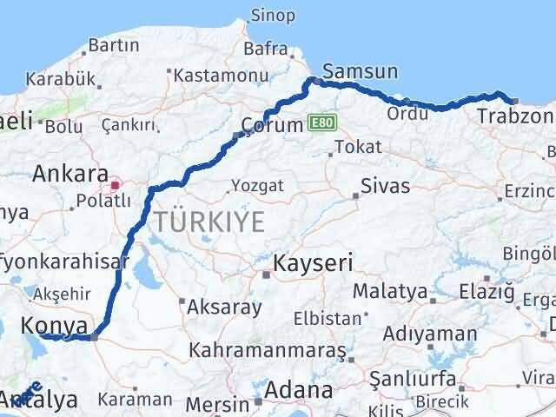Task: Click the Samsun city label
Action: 360,70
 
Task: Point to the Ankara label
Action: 69,174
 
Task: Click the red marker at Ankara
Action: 115,185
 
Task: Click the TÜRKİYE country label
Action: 208,222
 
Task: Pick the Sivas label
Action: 385,184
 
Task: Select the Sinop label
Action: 273,15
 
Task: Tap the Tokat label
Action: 357,147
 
